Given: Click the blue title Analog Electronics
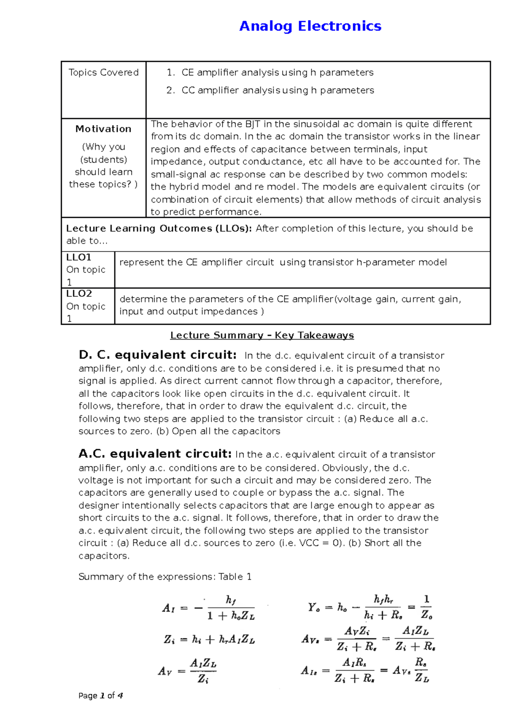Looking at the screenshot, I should point(310,26).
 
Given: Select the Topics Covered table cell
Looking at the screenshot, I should point(104,73).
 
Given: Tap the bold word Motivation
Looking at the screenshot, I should point(104,129).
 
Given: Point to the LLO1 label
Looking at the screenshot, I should point(79,258).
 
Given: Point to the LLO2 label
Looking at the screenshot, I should point(79,294).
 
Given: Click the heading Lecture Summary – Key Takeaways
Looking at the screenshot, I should point(262,335).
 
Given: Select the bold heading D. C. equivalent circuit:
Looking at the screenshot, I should point(158,355).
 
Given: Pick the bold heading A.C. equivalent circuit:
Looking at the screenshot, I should point(155,454).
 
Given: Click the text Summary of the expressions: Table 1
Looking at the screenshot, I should point(165,577).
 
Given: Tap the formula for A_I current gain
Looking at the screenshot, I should point(209,608).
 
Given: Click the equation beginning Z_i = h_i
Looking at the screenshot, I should point(209,640).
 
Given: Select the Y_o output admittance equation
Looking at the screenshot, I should point(370,608).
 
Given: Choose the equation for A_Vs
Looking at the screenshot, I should point(368,639).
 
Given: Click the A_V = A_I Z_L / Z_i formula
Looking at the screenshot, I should point(188,671).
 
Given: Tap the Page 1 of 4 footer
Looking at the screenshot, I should point(101,696).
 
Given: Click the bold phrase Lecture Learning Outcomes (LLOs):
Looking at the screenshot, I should point(159,229).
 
